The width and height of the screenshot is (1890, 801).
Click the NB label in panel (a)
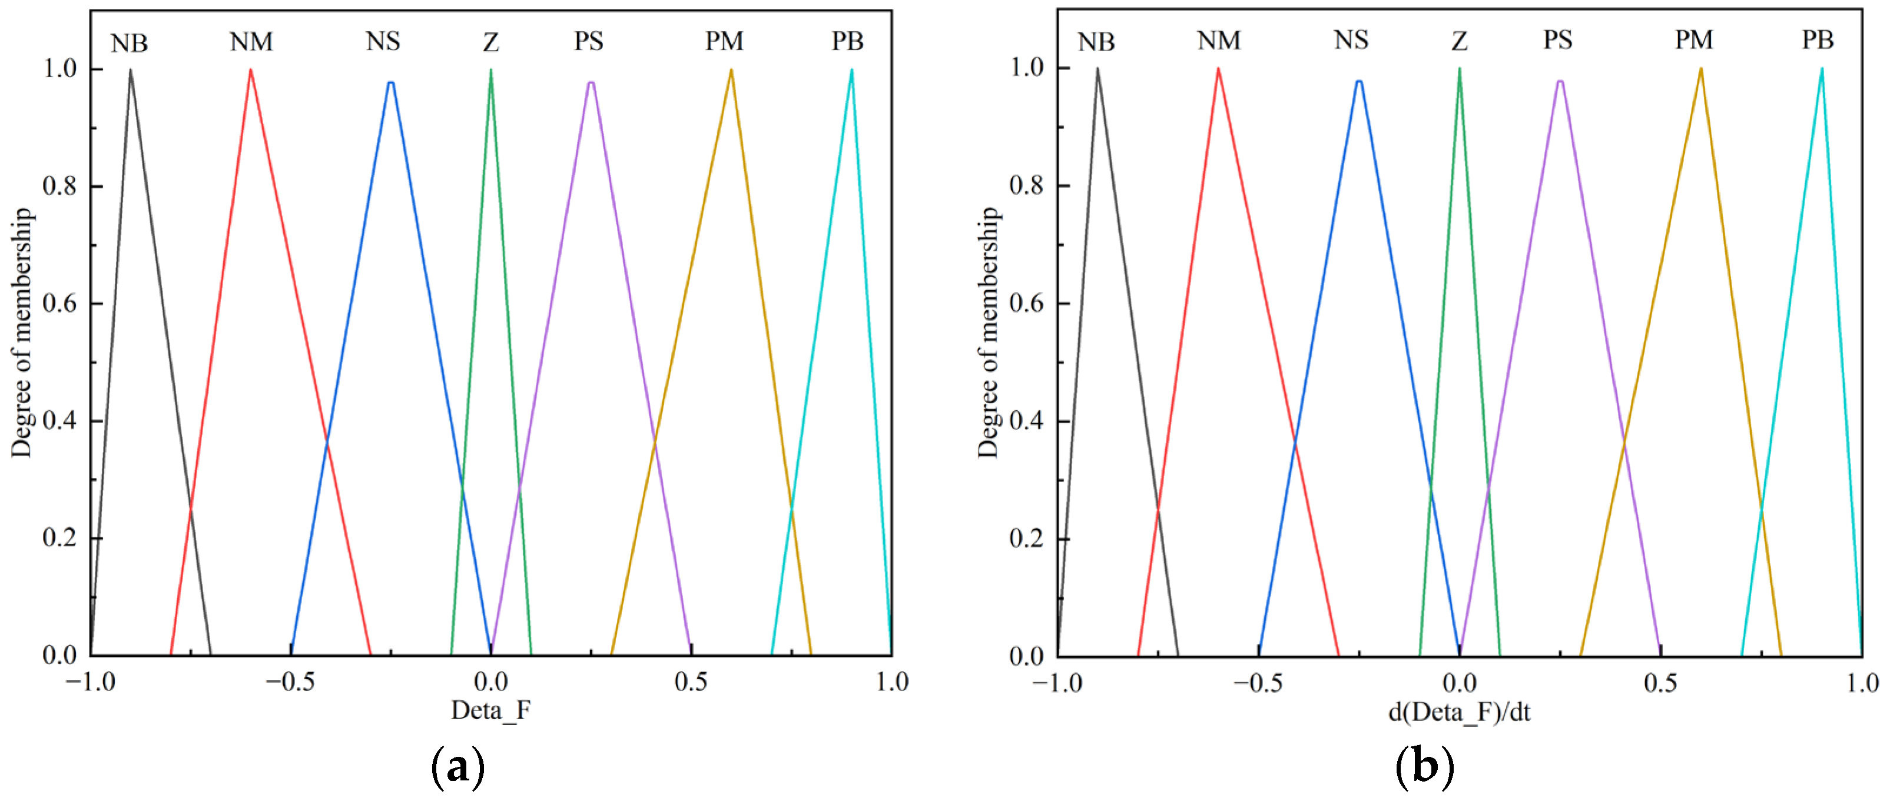coord(129,44)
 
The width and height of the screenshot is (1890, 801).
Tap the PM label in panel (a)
coord(724,42)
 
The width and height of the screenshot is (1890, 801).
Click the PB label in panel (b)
coord(1818,41)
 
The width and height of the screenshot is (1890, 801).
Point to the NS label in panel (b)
coord(1350,41)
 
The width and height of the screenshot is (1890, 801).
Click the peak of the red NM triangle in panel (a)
coord(251,69)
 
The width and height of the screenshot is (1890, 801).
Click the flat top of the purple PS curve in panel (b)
coord(1560,81)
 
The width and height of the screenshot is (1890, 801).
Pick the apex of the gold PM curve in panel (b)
coord(1700,69)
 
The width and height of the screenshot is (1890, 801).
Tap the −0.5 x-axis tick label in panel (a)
coord(290,683)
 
